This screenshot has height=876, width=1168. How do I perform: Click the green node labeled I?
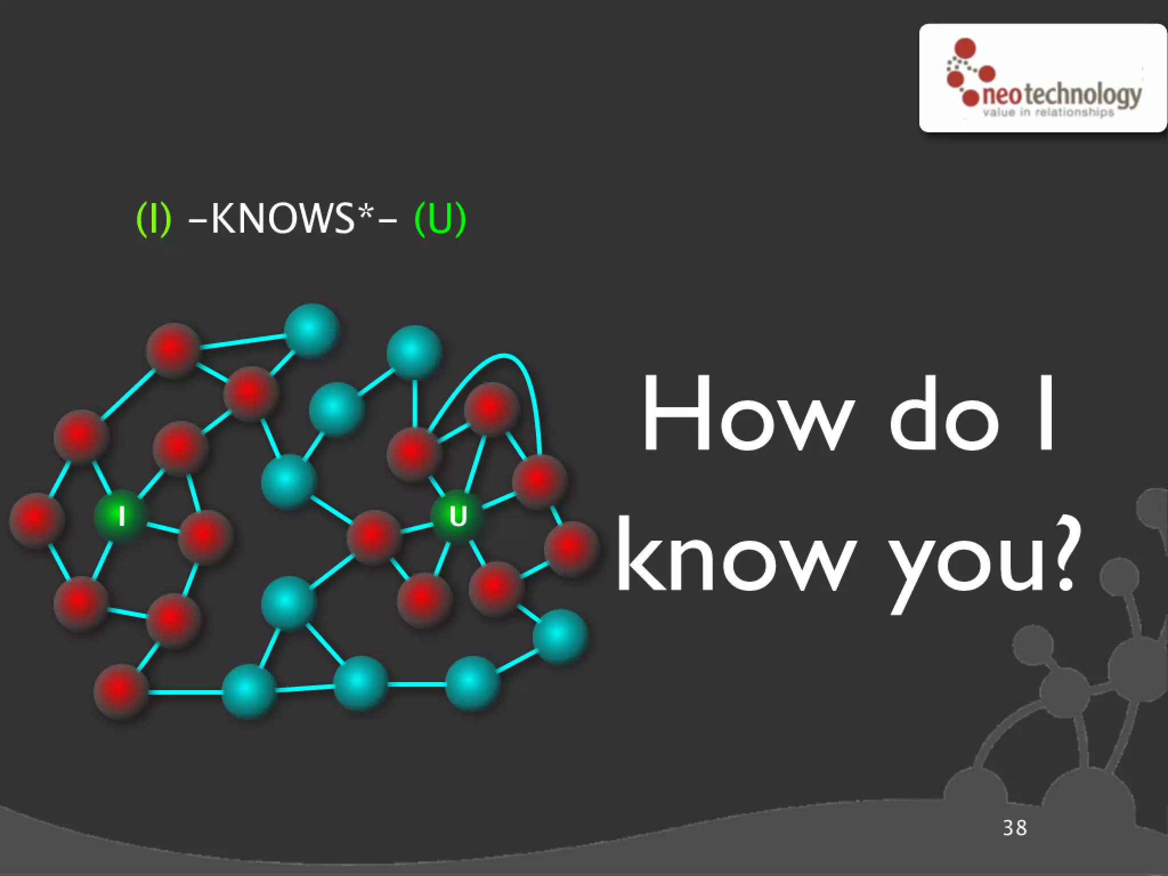point(120,516)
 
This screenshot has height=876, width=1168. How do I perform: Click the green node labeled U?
point(457,516)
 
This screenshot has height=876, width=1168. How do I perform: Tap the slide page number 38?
point(1015,828)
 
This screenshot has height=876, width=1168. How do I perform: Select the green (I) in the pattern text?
point(154,218)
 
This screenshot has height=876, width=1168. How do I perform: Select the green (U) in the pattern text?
point(440,218)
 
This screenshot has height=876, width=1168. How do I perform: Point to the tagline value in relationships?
point(1048,112)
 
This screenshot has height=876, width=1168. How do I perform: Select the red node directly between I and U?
point(374,536)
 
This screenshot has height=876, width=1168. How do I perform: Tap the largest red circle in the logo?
point(965,49)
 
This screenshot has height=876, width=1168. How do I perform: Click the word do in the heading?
point(943,415)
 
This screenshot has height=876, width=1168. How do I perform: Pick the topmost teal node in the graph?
point(311,330)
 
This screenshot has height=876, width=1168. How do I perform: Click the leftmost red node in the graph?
point(36,520)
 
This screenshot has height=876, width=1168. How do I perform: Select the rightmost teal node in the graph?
point(560,636)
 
